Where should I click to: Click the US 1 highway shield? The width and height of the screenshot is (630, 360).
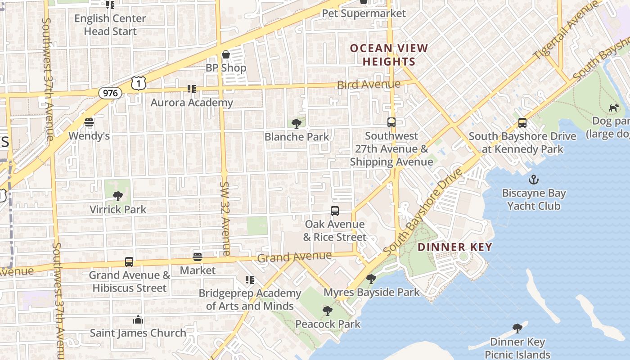click(x=139, y=82)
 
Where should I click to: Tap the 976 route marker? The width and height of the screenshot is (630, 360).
click(x=110, y=93)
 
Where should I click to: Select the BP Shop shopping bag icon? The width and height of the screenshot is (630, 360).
click(x=226, y=55)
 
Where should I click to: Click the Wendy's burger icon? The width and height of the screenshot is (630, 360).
click(x=89, y=122)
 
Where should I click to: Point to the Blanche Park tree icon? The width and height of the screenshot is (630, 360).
click(x=297, y=123)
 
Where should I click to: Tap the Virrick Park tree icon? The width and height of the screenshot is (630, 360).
click(x=118, y=196)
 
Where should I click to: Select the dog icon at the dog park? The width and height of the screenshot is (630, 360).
click(x=614, y=108)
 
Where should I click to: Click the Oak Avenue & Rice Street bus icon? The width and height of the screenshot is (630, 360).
click(x=335, y=211)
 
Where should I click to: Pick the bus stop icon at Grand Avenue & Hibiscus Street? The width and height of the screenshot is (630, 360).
click(x=129, y=262)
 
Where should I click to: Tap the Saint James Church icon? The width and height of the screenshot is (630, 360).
click(x=138, y=320)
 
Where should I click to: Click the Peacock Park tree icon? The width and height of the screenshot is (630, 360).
click(x=328, y=310)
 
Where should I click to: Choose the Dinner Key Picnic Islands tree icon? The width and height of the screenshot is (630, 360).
click(x=517, y=328)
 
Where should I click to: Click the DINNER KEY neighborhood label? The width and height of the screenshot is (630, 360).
click(x=454, y=247)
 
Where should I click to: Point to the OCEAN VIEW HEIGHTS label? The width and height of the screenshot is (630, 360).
click(x=389, y=55)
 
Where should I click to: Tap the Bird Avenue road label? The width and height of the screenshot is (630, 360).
click(x=368, y=85)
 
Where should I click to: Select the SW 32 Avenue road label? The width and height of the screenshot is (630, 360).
click(x=225, y=218)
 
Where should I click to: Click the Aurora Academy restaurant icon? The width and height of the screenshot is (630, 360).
click(x=192, y=89)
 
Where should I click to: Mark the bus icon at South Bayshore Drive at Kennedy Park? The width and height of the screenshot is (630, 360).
click(x=522, y=122)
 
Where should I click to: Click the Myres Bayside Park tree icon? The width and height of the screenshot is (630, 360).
click(x=371, y=279)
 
